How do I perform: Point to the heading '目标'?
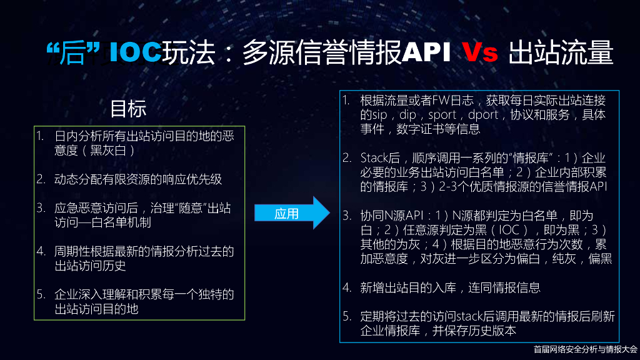click(x=128, y=109)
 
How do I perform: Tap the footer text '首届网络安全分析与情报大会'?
click(x=585, y=350)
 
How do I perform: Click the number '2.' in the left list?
click(x=41, y=179)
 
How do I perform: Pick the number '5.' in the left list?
click(x=41, y=294)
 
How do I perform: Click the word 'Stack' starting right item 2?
click(x=374, y=157)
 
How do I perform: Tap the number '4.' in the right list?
click(x=347, y=287)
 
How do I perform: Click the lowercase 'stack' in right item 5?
click(x=472, y=316)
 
